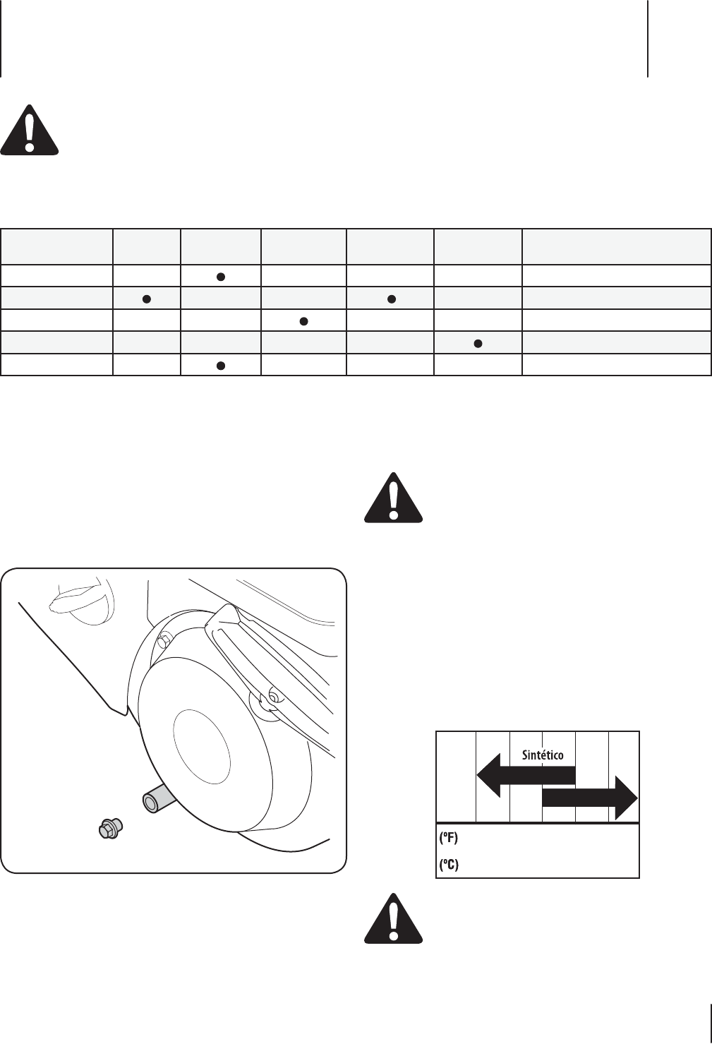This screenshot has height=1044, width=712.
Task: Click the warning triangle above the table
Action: point(29,130)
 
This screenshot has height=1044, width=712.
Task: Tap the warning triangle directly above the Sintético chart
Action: point(393,498)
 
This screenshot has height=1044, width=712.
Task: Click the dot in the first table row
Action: point(220,276)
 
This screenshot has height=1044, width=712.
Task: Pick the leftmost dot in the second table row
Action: point(147,298)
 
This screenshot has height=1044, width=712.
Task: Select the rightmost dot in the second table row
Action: point(390,298)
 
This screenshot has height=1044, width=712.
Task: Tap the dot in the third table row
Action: point(303,321)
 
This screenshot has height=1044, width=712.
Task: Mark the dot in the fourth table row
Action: point(478,344)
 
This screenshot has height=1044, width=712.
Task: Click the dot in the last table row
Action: point(220,366)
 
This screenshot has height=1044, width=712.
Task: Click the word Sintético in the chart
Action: point(542,755)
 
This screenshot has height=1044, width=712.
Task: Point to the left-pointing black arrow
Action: point(526,774)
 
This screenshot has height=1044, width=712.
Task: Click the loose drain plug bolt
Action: point(109,828)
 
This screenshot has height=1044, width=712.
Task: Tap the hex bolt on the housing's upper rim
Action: point(163,640)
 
